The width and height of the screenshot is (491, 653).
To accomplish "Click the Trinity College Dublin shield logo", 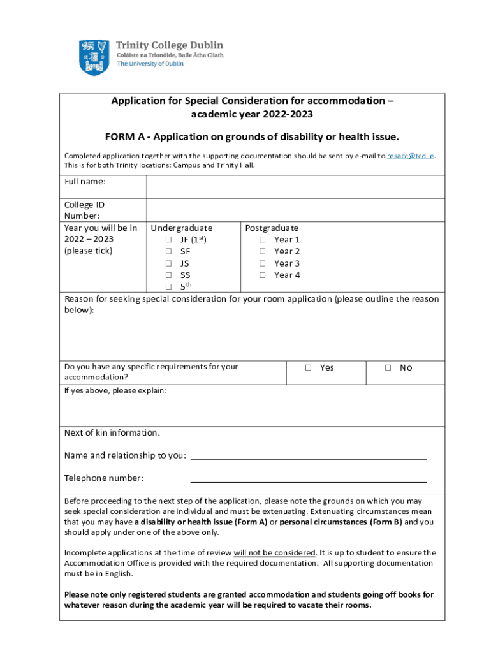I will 93,57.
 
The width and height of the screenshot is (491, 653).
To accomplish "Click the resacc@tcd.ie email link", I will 411,156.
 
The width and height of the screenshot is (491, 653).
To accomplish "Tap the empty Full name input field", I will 295,187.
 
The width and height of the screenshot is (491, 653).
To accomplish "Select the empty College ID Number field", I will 295,210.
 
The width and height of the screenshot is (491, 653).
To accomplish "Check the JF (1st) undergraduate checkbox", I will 168,240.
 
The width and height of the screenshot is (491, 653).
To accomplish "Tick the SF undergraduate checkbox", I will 168,252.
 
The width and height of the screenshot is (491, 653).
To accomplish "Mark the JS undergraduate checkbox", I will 168,263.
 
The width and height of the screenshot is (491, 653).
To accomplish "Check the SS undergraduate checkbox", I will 168,275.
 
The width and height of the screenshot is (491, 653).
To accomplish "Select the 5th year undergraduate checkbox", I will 168,287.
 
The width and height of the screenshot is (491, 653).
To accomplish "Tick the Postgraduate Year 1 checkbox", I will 262,240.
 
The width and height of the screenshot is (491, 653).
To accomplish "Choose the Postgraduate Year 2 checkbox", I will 262,252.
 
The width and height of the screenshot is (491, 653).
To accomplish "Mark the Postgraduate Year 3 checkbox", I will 262,263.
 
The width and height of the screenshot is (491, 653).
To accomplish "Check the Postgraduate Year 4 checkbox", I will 262,275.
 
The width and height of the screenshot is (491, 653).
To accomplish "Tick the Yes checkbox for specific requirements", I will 308,368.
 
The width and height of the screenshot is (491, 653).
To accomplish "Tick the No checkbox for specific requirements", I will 388,368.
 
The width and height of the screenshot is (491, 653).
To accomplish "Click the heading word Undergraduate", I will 181,228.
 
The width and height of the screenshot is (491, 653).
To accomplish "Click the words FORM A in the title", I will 124,137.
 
